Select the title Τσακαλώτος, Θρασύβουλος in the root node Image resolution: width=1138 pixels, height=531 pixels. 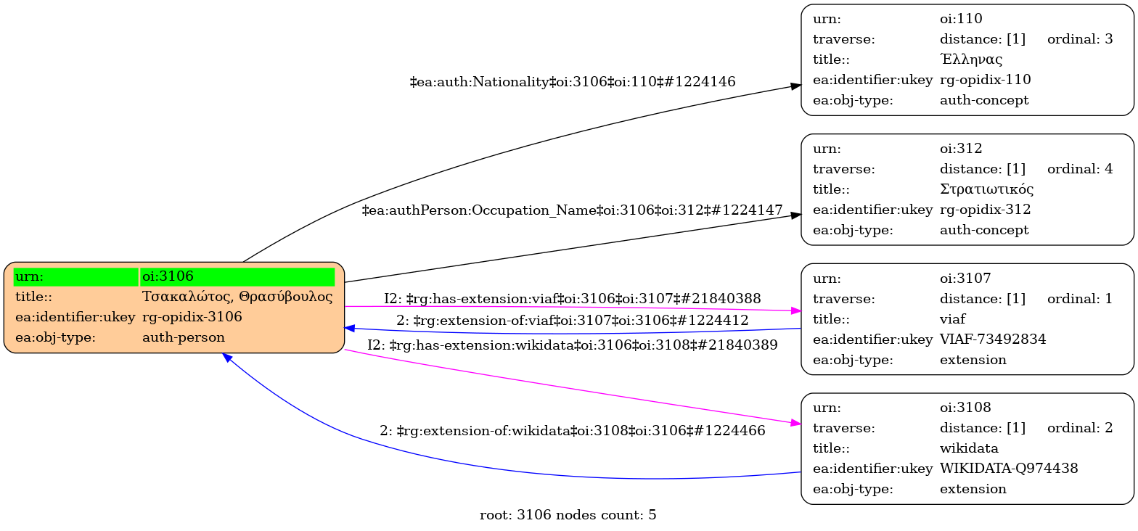tap(237, 297)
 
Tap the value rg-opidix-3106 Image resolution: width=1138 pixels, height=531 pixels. tap(192, 317)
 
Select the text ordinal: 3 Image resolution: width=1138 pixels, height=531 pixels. tap(1080, 39)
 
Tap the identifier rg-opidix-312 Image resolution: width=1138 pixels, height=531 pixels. tap(985, 210)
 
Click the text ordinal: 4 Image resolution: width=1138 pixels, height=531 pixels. tap(1080, 169)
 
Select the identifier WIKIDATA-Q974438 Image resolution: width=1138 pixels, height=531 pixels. tap(1009, 468)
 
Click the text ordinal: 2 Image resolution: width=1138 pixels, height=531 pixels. tap(1080, 427)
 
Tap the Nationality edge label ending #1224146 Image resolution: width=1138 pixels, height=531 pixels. tap(573, 82)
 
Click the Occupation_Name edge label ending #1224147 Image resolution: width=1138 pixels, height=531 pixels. tap(572, 210)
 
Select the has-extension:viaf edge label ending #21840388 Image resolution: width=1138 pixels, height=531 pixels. tap(573, 298)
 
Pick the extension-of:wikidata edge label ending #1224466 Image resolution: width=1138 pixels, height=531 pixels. tap(572, 431)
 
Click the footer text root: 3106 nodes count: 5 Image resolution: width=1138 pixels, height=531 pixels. tap(568, 515)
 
